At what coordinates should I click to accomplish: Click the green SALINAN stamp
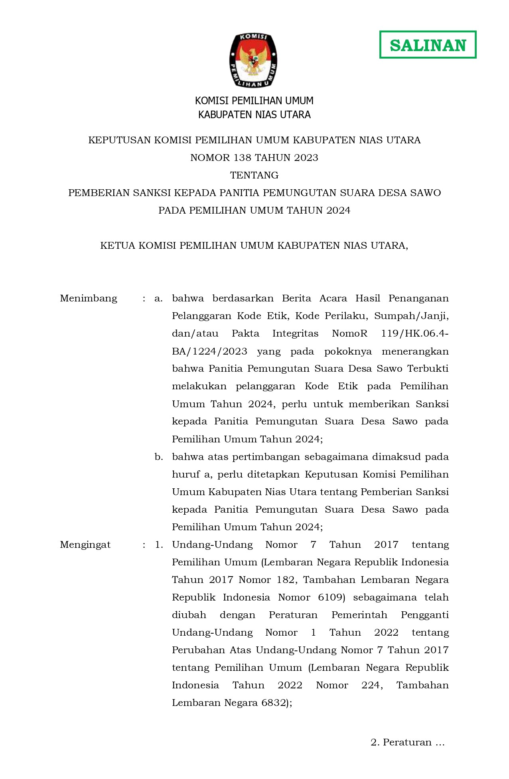[428, 45]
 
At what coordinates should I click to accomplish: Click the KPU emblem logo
[254, 60]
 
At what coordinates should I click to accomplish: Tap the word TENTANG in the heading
[254, 175]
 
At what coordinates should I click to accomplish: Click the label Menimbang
[88, 299]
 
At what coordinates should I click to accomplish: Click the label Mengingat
[85, 545]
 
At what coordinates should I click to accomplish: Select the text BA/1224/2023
[209, 351]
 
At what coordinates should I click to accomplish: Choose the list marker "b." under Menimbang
[159, 457]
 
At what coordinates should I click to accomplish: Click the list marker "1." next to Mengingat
[159, 545]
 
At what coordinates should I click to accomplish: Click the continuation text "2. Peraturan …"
[407, 742]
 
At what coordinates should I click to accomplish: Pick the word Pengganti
[424, 615]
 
